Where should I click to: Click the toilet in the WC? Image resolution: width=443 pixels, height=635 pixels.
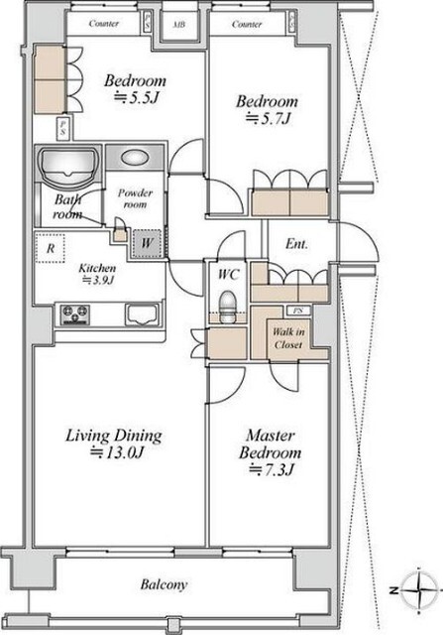tap(227, 308)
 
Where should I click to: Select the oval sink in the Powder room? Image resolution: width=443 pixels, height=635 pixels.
tap(135, 157)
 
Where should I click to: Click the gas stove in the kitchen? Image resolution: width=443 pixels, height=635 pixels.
tap(75, 315)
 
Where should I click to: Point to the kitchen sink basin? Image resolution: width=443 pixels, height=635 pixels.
tap(141, 316)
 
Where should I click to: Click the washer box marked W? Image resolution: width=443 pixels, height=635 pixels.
tap(148, 243)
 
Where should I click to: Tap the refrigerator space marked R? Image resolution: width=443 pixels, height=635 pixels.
tap(51, 248)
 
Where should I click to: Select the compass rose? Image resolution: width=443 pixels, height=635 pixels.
tap(420, 590)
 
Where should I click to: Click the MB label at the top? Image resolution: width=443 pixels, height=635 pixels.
tap(179, 24)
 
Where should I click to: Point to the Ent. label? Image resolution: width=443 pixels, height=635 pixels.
tap(296, 244)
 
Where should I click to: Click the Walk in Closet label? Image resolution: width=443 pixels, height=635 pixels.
tap(288, 338)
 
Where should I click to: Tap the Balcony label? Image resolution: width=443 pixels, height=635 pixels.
tap(165, 584)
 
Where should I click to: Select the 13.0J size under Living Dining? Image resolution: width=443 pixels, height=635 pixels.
tap(116, 452)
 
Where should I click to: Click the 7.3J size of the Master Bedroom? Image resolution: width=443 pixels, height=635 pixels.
tap(271, 469)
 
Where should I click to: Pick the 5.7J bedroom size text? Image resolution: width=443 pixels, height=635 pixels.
tap(269, 119)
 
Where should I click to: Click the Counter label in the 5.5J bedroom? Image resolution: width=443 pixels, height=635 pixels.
tap(104, 24)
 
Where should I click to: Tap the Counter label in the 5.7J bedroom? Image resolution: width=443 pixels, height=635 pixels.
tap(247, 24)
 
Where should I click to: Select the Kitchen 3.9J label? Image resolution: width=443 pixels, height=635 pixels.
tap(97, 274)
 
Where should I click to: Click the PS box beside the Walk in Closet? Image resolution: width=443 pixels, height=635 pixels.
tap(298, 311)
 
